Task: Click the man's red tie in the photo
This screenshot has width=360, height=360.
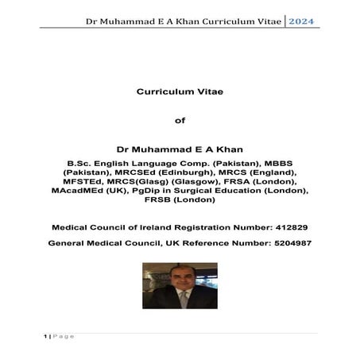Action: point(178,301)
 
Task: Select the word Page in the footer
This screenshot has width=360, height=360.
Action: point(63,336)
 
